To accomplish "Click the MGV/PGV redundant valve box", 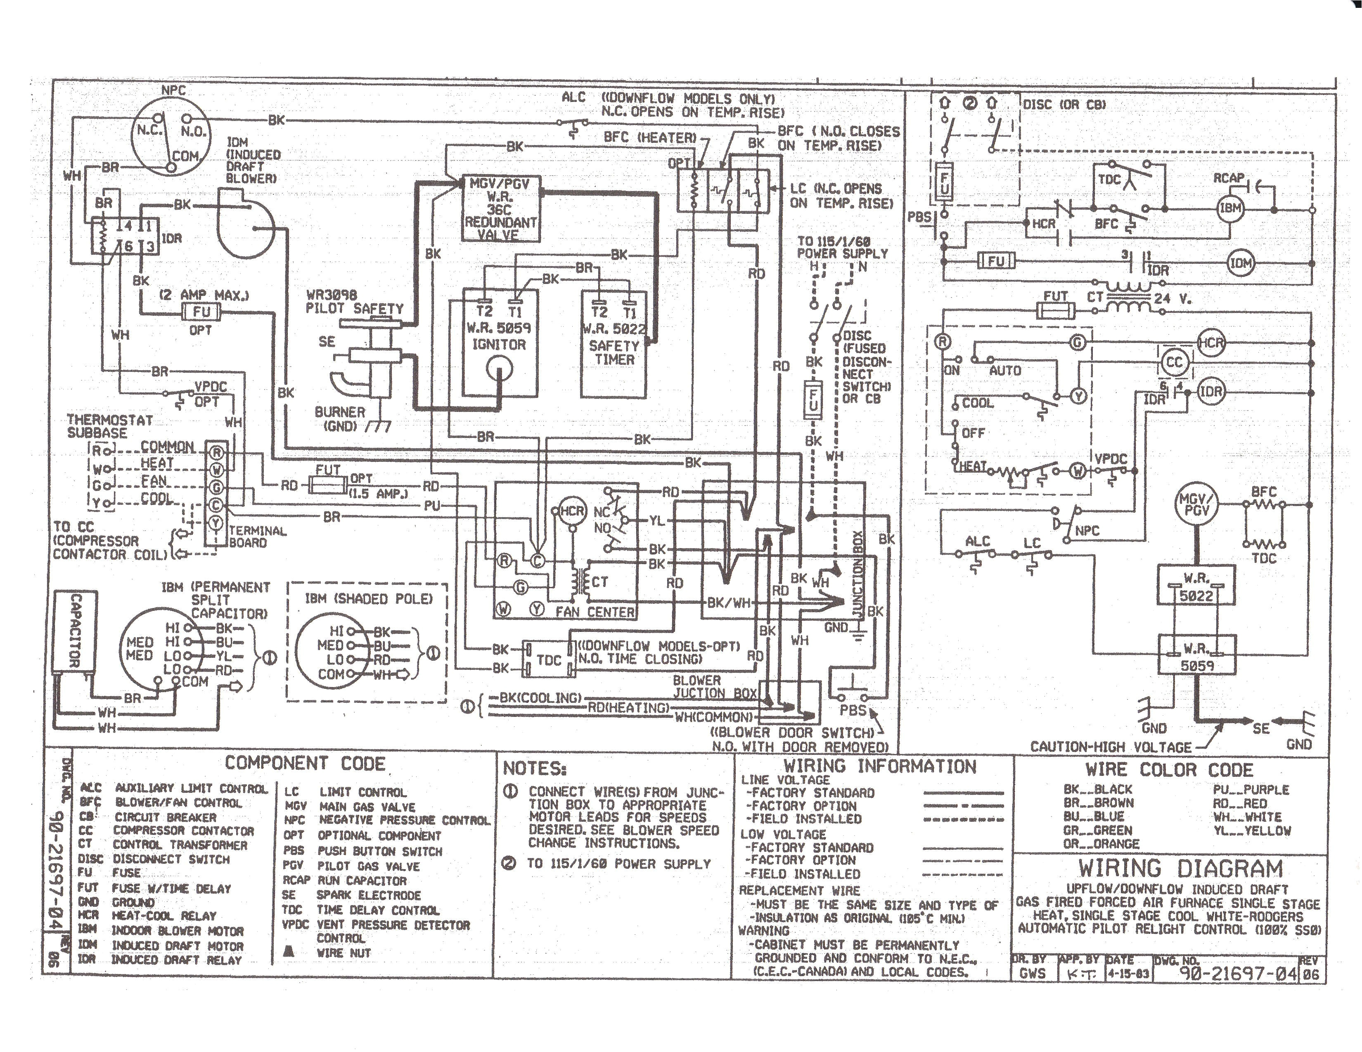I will (500, 209).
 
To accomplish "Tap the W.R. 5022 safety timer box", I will (613, 343).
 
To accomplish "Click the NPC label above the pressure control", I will (173, 90).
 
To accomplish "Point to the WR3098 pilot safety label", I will (353, 302).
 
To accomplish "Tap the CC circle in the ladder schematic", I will (1174, 363).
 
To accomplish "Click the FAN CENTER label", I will (595, 612).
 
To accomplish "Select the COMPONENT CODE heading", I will (305, 763).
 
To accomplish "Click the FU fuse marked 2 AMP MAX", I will (201, 311).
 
